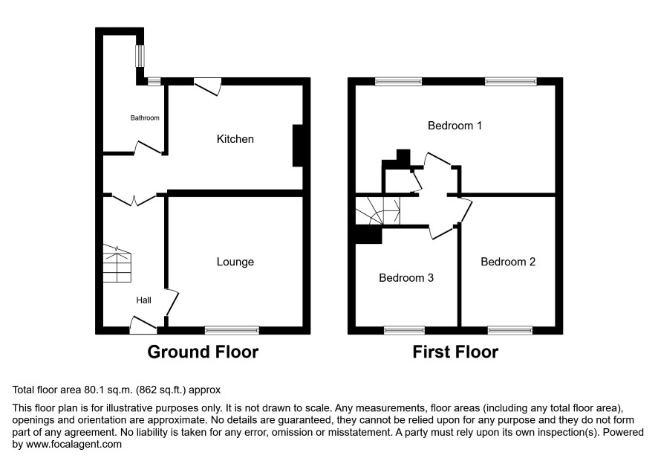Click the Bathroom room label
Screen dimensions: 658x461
145,118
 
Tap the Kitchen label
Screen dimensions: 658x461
235,139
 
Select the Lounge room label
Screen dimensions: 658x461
235,262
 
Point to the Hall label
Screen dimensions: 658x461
143,300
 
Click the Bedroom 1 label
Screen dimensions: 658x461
455,126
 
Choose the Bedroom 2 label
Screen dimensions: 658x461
508,262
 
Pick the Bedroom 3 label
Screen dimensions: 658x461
406,278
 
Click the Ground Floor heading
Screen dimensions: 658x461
203,352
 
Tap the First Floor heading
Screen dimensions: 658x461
455,352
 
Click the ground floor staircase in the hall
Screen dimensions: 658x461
117,263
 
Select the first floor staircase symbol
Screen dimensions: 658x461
378,210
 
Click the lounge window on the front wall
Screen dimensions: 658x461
232,330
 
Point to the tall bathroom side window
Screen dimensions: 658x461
140,56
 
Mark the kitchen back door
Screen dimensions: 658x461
207,86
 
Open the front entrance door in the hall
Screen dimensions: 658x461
143,325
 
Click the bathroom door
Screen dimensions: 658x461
148,148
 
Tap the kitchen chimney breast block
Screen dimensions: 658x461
298,146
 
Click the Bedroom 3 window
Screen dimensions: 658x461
404,330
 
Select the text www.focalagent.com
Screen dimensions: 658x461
74,444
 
